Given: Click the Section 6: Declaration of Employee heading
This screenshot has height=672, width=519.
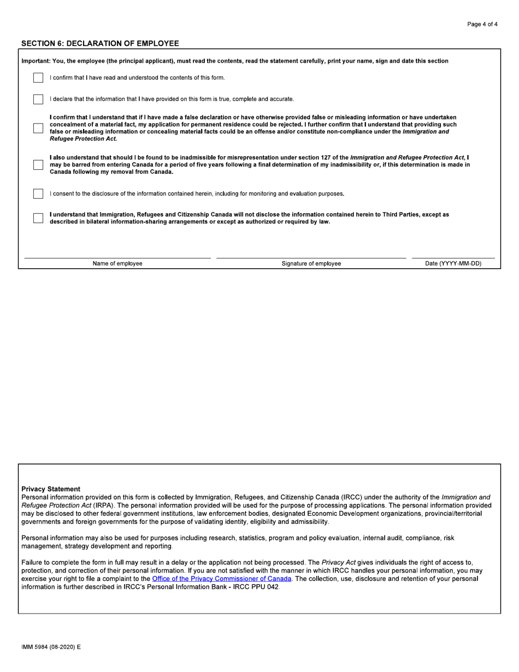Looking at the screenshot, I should [99, 43].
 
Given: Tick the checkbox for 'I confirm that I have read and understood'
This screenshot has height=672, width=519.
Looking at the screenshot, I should [38, 78].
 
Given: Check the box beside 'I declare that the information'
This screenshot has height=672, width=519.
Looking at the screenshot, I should [38, 99].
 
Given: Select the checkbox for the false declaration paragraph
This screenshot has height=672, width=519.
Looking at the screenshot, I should [38, 128].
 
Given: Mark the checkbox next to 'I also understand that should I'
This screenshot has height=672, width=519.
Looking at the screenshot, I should [38, 164].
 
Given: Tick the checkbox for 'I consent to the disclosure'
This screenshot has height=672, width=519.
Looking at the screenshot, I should [38, 193].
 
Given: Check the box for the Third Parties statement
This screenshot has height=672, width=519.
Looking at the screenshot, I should [38, 218].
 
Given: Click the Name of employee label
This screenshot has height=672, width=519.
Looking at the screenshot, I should [117, 263].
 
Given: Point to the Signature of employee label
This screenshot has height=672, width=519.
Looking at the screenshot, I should [311, 263].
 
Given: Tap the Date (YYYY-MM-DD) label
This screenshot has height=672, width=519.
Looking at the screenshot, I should [453, 263].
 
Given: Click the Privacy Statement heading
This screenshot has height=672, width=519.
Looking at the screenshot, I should [50, 488].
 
